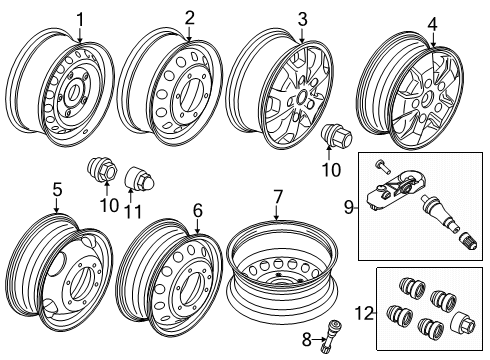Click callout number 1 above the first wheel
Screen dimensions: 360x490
point(81,17)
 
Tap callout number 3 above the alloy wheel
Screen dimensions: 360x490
point(302,20)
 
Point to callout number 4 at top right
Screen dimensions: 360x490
point(432,24)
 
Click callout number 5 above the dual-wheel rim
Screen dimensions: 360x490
point(57,188)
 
